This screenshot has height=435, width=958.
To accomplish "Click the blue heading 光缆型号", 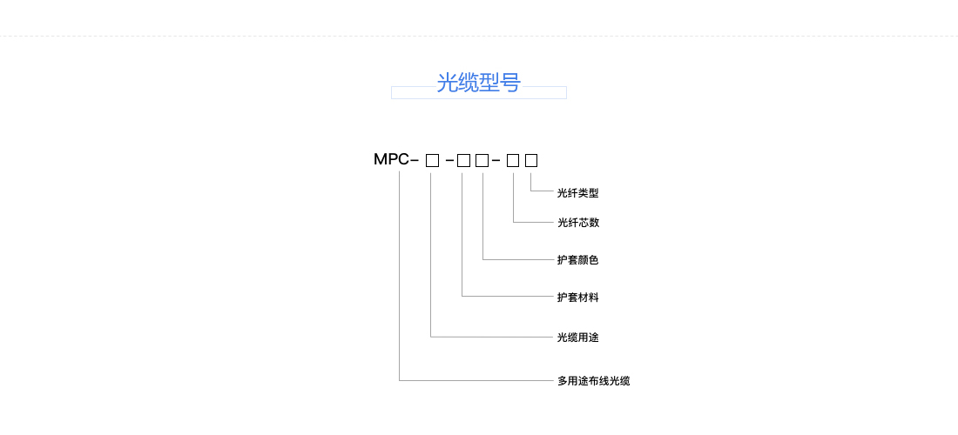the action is click(x=479, y=83).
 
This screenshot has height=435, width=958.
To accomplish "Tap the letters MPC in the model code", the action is click(x=391, y=159).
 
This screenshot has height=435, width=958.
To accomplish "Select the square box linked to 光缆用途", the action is click(x=433, y=160).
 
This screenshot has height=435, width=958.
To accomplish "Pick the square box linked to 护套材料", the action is click(x=463, y=160).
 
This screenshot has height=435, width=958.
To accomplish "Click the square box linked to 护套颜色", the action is click(x=482, y=160).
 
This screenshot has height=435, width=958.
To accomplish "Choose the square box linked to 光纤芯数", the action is click(x=513, y=160).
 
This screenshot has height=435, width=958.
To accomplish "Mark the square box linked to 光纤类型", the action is click(x=531, y=160).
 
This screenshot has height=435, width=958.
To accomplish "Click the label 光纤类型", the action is click(x=578, y=193).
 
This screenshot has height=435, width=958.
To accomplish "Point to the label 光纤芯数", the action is click(x=578, y=223).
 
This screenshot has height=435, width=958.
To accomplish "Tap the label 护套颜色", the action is click(x=578, y=260).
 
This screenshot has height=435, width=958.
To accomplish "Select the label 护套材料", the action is click(x=578, y=298).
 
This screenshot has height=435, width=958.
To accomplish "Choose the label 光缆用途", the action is click(x=578, y=337).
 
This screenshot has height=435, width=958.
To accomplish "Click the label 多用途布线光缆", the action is click(x=593, y=381).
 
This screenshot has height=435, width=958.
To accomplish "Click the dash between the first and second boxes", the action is click(x=449, y=160).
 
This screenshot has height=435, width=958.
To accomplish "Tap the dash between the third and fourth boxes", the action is click(x=496, y=160).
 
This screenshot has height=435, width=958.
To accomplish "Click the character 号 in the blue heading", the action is click(x=510, y=83).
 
